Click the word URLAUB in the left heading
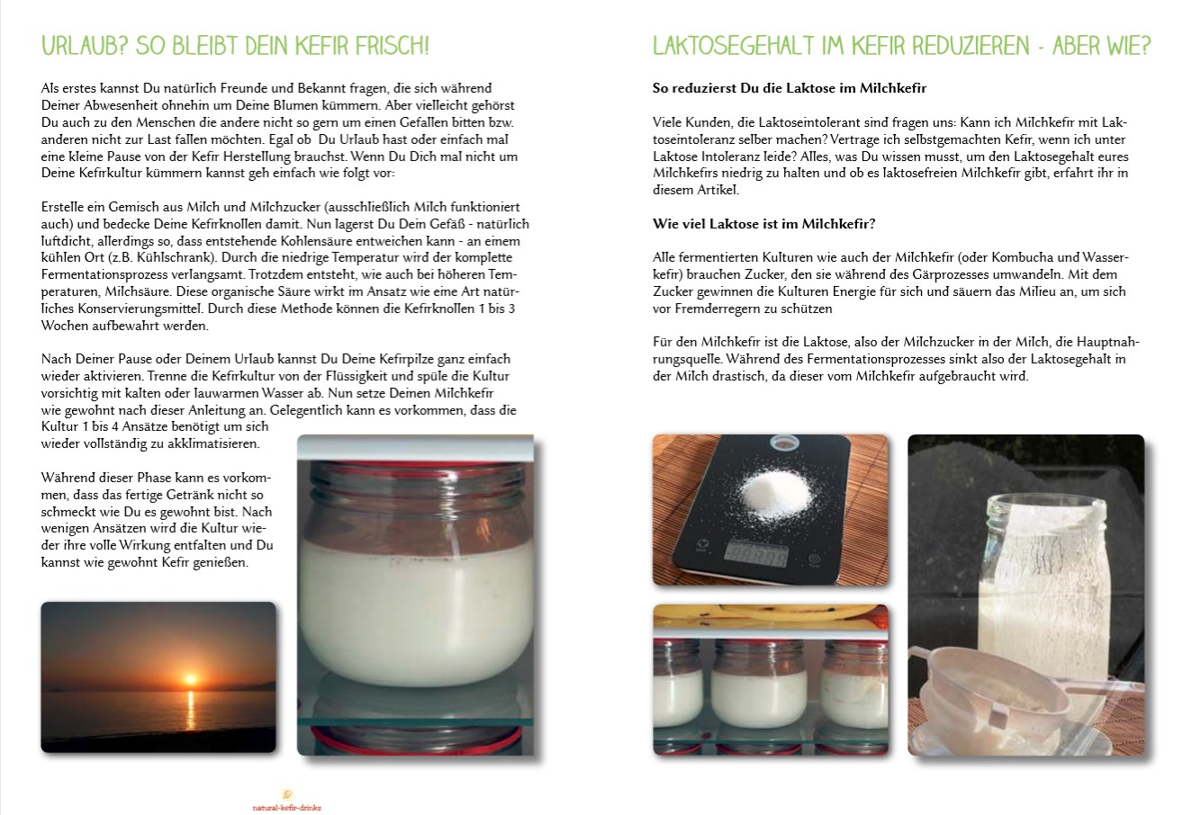pos(85,46)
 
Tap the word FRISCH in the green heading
pos(392,46)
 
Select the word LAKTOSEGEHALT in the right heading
pos(734,46)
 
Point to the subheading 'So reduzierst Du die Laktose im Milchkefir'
pos(790,88)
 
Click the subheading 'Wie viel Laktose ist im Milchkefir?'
pos(763,224)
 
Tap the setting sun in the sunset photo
pos(190,679)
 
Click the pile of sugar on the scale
pos(775,491)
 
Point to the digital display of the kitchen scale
pos(756,555)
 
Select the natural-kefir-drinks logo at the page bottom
pos(287,801)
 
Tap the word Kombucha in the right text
pos(1018,257)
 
